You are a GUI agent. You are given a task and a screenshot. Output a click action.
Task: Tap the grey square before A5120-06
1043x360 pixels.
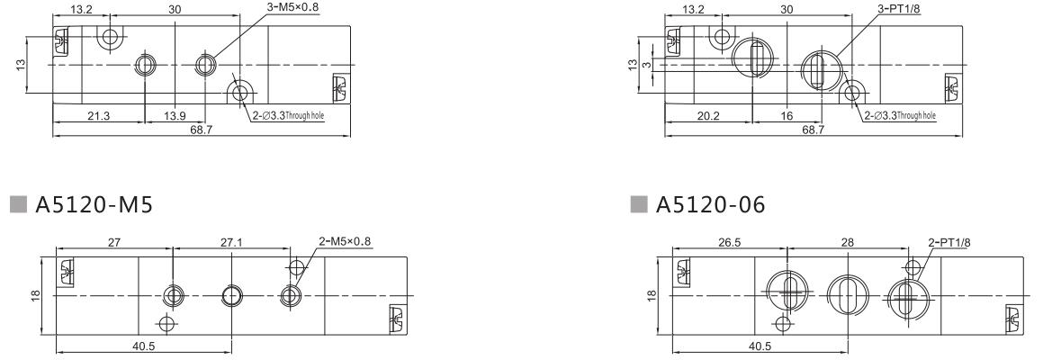(642, 205)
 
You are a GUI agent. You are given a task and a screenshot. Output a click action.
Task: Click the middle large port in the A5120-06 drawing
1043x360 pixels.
(844, 295)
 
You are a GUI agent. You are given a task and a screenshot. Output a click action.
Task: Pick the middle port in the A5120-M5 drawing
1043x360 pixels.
(231, 295)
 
